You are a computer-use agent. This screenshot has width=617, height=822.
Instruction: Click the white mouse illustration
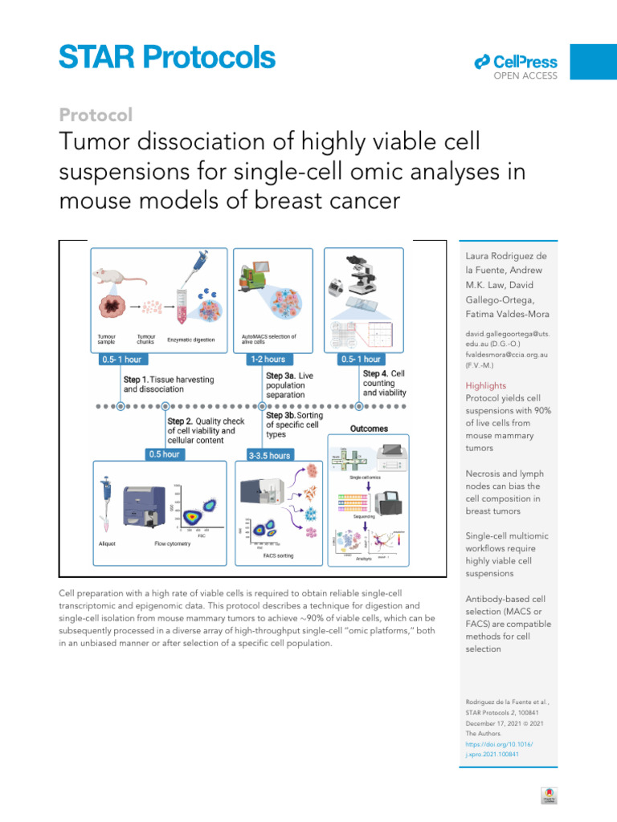tap(117, 277)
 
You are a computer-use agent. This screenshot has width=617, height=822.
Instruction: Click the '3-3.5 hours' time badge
tap(269, 455)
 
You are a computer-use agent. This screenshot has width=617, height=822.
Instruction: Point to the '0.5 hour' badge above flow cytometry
tap(165, 454)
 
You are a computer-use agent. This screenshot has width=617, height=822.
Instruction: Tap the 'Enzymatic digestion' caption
tap(190, 340)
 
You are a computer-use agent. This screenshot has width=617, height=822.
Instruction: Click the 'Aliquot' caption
tap(106, 543)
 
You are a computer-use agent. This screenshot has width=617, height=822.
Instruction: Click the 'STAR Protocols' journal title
tap(167, 57)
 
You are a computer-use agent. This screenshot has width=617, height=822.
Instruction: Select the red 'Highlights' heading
tap(486, 385)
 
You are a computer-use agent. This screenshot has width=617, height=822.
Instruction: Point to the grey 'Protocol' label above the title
tap(96, 115)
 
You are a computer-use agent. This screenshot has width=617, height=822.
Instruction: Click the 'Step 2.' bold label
tap(185, 421)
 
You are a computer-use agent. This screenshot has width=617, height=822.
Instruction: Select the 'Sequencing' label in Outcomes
tap(365, 518)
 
